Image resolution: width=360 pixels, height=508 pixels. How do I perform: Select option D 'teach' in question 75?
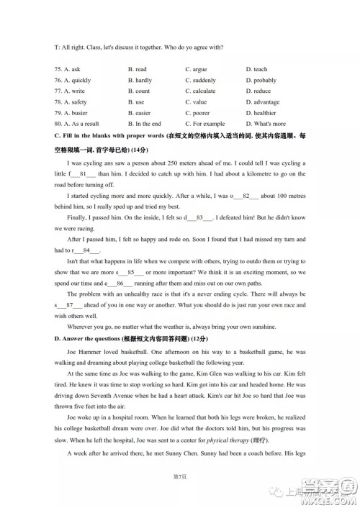[256, 69]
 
